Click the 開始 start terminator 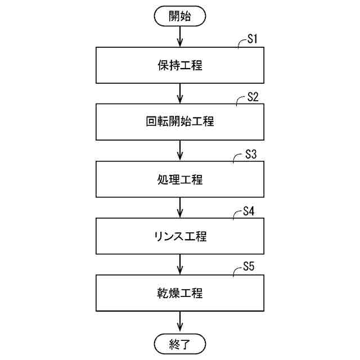click(x=179, y=16)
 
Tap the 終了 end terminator click(x=179, y=344)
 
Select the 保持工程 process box click(x=179, y=65)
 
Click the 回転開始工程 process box click(x=179, y=121)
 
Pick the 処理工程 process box click(x=179, y=179)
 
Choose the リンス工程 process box click(x=179, y=236)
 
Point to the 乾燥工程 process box click(x=179, y=293)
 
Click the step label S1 click(x=253, y=40)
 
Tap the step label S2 click(x=253, y=97)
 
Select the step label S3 click(x=251, y=155)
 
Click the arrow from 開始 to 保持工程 click(x=179, y=37)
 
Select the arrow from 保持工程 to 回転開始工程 click(x=179, y=93)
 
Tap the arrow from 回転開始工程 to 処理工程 click(x=179, y=151)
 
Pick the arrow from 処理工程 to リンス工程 click(x=179, y=208)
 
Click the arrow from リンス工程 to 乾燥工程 click(x=179, y=265)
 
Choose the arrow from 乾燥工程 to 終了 click(x=179, y=322)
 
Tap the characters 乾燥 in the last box click(x=168, y=293)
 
